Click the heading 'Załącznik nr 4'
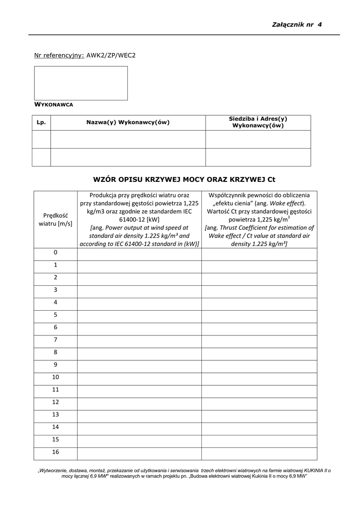297,24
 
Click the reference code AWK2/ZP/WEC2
111,55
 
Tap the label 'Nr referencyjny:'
59,55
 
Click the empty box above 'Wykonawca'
81,83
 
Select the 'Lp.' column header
41,122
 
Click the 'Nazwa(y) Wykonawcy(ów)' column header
128,122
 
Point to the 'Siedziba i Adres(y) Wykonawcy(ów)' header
258,122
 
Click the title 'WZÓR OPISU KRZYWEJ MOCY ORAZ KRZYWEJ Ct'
184,179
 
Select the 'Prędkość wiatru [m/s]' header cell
55,219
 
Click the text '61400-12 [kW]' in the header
139,219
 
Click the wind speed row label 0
55,253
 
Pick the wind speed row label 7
55,339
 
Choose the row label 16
55,452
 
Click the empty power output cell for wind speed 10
139,377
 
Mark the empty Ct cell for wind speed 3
259,290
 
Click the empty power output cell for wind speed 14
139,427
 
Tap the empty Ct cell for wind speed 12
259,402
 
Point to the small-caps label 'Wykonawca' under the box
54,105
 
